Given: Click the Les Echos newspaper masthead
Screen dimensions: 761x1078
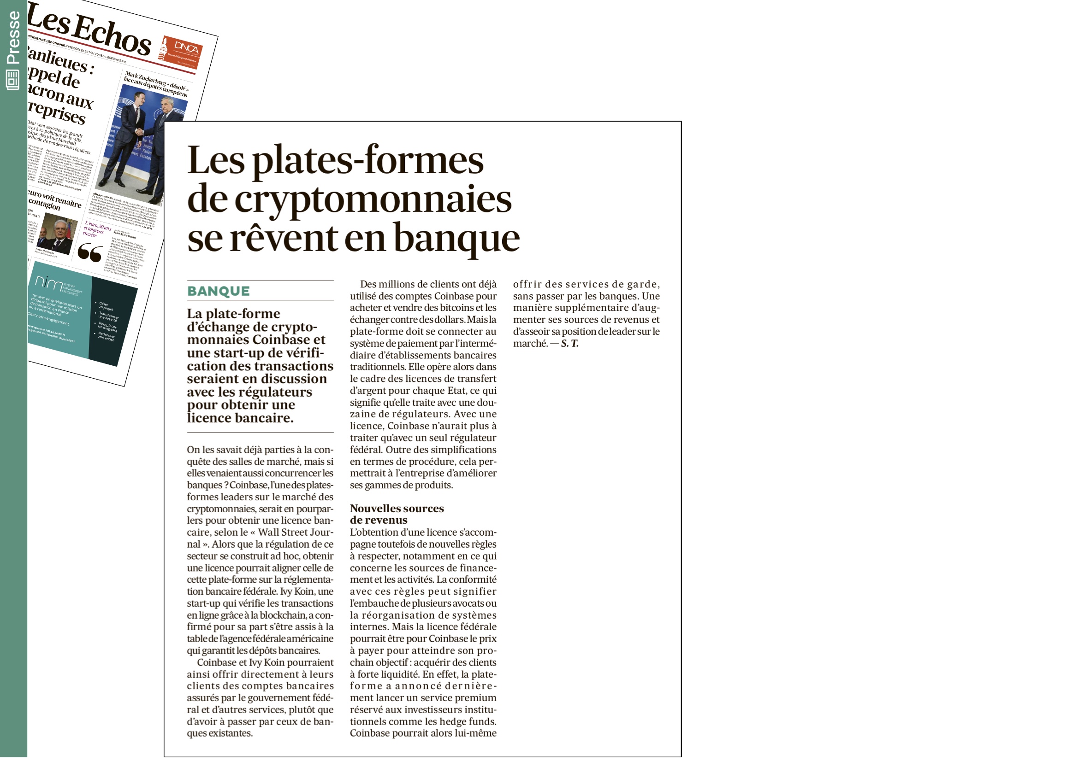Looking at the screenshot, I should tap(89, 30).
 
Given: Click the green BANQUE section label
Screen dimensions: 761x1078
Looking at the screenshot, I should tap(219, 291).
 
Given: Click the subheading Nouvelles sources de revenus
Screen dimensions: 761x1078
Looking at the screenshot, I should tap(396, 514).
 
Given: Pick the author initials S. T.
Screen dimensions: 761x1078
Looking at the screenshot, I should tap(569, 344).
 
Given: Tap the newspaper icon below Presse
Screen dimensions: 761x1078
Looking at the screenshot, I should tap(12, 80).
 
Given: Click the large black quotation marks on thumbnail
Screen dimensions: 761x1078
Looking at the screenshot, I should tap(89, 252).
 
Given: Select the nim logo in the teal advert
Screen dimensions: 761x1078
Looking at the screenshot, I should tap(48, 282).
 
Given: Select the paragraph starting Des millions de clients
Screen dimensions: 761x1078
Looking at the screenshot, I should tap(422, 384).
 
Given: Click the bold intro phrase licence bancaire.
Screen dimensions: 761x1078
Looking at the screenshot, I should tap(240, 417).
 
